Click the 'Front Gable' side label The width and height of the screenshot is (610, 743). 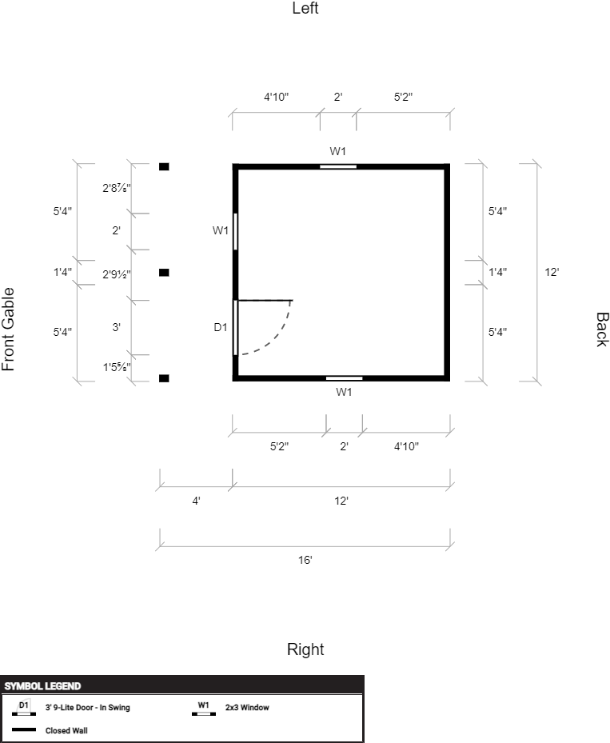[9, 330]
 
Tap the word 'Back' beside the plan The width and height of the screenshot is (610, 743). [601, 330]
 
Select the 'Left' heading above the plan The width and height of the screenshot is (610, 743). [305, 8]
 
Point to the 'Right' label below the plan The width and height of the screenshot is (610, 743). [305, 649]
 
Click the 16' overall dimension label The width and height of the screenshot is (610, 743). [305, 560]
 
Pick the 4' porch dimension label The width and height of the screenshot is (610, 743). [196, 501]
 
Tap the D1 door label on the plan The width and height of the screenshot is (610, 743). [221, 327]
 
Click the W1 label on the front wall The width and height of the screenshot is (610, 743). [221, 230]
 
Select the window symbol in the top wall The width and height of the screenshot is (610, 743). [338, 166]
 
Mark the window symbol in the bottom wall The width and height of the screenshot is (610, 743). [345, 378]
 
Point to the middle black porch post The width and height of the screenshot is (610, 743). [164, 273]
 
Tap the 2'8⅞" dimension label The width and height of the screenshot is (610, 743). [117, 188]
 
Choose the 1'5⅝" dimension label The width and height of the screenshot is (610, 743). [117, 367]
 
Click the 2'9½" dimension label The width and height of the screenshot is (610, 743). [117, 274]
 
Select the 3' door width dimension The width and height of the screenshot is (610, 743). [116, 327]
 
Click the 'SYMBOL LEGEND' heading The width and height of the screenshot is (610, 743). [42, 686]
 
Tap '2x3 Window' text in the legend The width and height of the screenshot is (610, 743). [247, 708]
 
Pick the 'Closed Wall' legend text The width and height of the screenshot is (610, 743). [66, 731]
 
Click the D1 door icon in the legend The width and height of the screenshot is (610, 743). [24, 708]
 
